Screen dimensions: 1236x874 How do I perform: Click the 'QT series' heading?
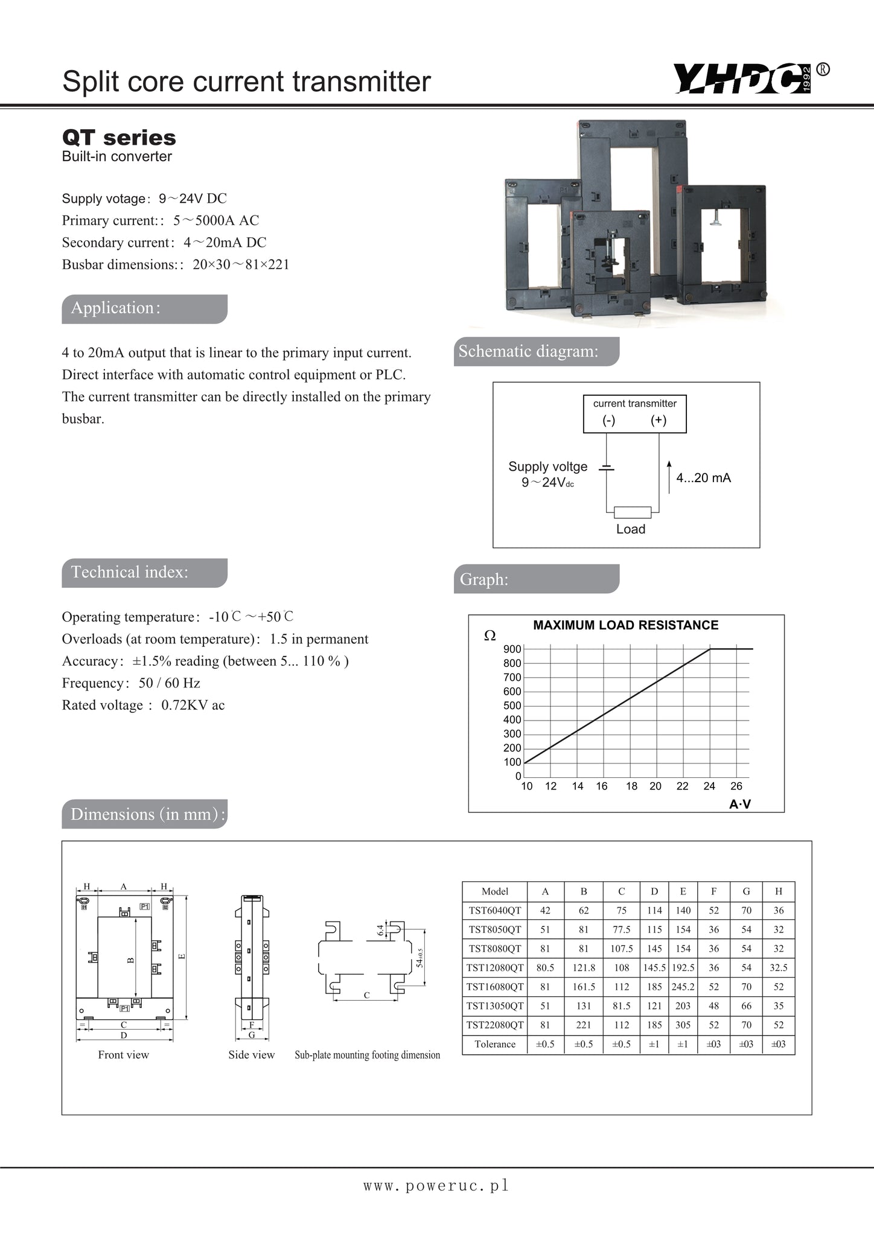[x=119, y=138]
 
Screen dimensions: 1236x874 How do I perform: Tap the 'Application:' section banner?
[x=144, y=308]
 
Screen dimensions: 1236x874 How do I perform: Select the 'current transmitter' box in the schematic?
[x=634, y=414]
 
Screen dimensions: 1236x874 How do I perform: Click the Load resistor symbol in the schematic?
[x=633, y=512]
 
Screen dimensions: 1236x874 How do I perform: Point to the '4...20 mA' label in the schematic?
[x=703, y=478]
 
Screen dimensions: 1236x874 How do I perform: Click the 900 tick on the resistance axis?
[x=512, y=649]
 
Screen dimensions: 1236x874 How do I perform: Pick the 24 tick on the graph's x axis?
[x=709, y=786]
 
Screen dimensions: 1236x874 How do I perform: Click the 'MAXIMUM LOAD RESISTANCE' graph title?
[x=625, y=625]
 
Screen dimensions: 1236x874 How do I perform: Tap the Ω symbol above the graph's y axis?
[x=490, y=636]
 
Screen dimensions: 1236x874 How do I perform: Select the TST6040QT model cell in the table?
[x=494, y=910]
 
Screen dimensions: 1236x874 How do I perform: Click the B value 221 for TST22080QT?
[x=583, y=1025]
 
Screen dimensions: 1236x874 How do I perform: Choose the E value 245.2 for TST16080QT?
[x=683, y=987]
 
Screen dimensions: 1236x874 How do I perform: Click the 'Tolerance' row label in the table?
[x=494, y=1044]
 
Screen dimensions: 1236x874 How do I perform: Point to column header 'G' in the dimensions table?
[x=746, y=891]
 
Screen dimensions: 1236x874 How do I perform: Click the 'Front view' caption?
[x=123, y=1055]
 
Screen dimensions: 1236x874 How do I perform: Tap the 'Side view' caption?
[x=251, y=1055]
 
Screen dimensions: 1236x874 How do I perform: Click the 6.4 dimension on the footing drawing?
[x=380, y=930]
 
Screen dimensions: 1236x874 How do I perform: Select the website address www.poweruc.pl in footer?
[x=436, y=1185]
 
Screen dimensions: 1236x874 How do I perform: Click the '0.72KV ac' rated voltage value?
[x=193, y=706]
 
